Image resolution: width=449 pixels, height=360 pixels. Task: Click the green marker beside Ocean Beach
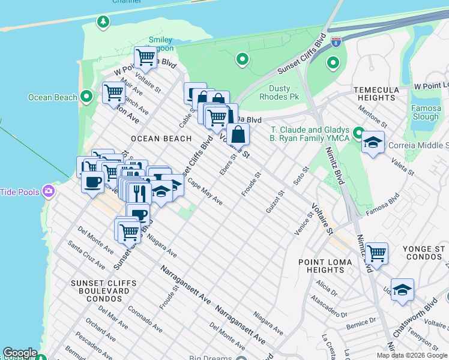(x=86, y=97)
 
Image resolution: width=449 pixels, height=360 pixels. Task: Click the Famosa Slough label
(x=426, y=113)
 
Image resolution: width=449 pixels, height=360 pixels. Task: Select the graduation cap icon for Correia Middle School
(x=373, y=142)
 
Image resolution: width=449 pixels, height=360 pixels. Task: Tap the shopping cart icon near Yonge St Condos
(x=376, y=253)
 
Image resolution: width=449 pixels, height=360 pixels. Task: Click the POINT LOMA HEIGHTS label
(x=325, y=266)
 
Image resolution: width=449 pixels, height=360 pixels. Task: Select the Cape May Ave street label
(x=205, y=191)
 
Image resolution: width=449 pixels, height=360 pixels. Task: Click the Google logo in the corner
(x=20, y=353)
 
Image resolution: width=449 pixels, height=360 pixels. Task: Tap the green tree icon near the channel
(x=103, y=22)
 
